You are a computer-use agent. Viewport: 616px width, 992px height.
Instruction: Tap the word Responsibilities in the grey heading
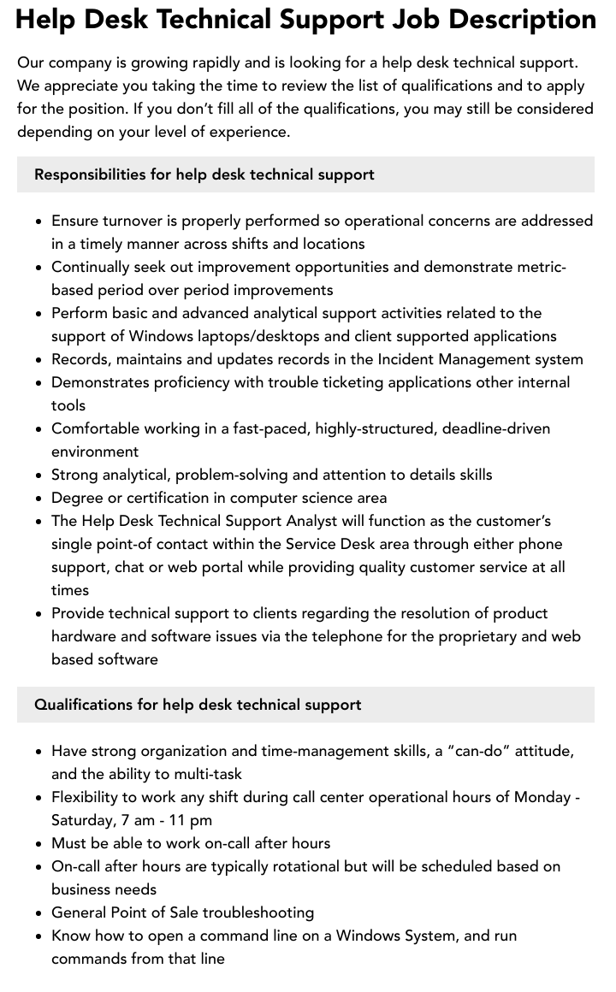(x=90, y=174)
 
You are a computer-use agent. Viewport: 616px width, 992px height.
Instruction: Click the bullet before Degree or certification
(x=39, y=499)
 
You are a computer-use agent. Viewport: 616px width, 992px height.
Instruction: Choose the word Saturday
(x=82, y=820)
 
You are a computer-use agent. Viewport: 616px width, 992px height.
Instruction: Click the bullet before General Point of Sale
(x=39, y=913)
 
